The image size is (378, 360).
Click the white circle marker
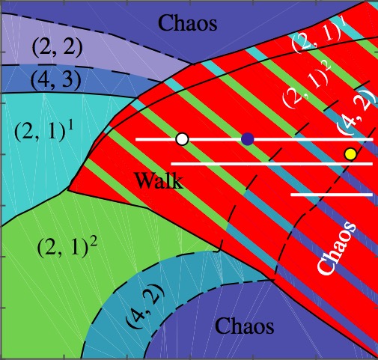pyautogui.click(x=182, y=139)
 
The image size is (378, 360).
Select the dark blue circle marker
pyautogui.click(x=248, y=139)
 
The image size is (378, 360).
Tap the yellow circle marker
pyautogui.click(x=350, y=154)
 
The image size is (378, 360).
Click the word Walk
pyautogui.click(x=159, y=180)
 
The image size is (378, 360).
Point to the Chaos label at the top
pyautogui.click(x=188, y=23)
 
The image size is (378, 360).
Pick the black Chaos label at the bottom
pyautogui.click(x=245, y=326)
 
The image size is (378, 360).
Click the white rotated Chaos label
pyautogui.click(x=337, y=249)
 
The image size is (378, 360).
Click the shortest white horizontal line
pyautogui.click(x=332, y=195)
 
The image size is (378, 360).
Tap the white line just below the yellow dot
pyautogui.click(x=272, y=164)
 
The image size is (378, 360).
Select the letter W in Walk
pyautogui.click(x=144, y=181)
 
